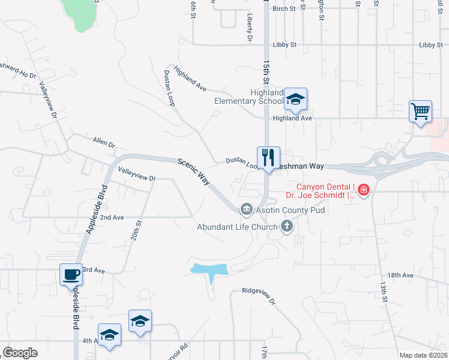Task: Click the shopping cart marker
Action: point(420,112)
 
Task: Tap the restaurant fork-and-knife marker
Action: point(269,158)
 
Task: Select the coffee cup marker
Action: point(71,275)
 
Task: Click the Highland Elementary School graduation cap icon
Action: point(295,99)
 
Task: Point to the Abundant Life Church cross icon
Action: point(287,226)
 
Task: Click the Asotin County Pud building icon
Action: point(246,209)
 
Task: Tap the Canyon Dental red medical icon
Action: point(364,191)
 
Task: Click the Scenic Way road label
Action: point(193,171)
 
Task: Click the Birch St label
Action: point(284,9)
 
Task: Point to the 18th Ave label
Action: point(400,275)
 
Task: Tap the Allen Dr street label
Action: point(103,143)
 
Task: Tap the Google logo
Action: point(20,353)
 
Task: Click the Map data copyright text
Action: point(423,355)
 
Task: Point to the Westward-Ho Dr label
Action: point(18,68)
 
